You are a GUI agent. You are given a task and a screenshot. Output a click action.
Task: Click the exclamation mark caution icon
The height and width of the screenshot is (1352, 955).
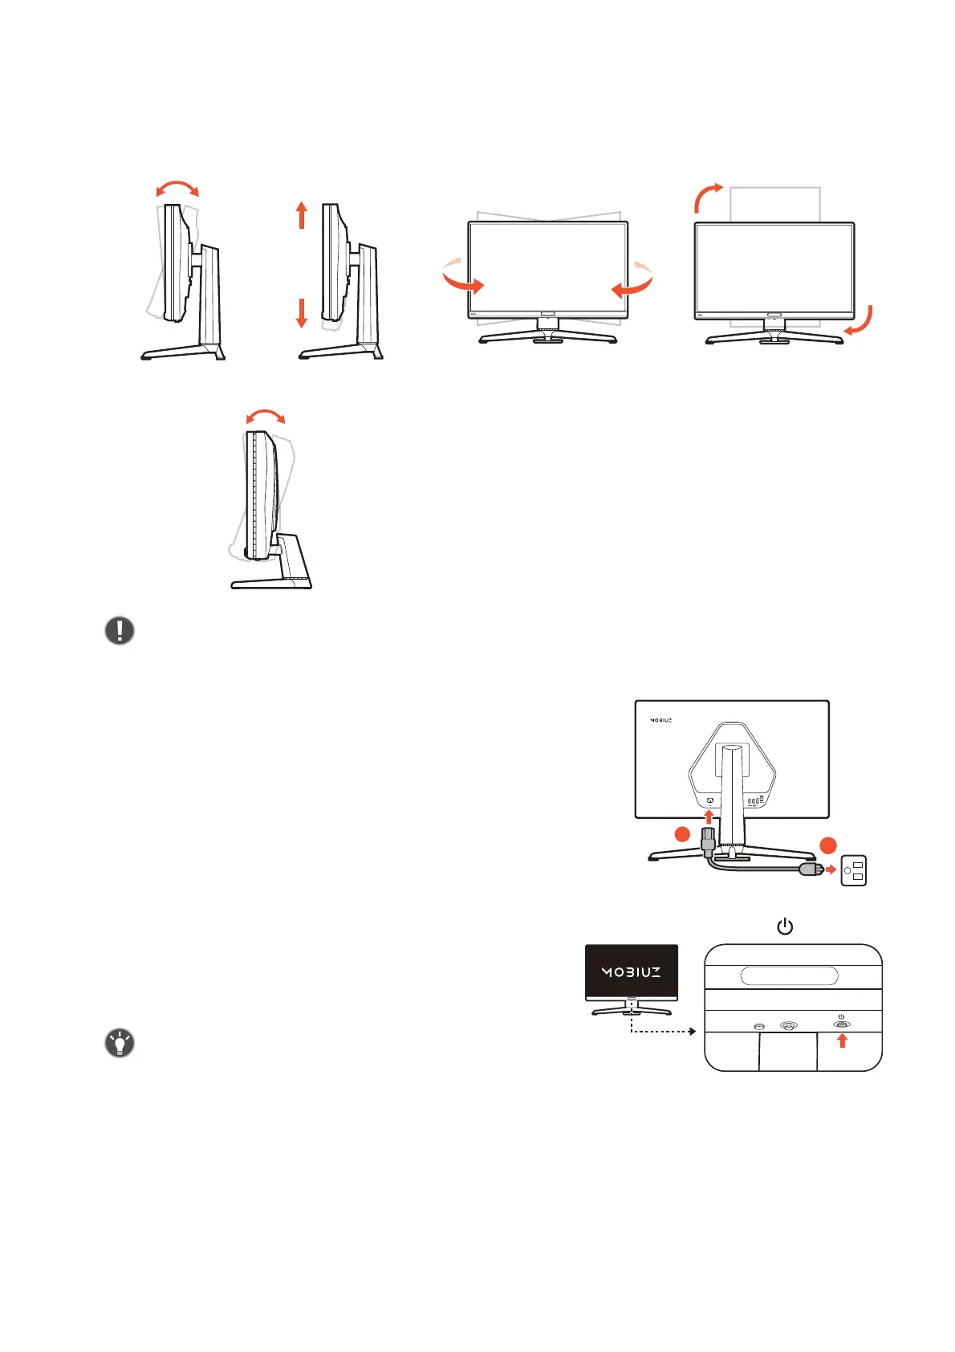(120, 630)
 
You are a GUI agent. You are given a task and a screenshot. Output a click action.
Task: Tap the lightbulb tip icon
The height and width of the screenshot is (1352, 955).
(120, 1044)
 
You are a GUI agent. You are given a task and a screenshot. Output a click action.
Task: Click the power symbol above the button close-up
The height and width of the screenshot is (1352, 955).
(785, 927)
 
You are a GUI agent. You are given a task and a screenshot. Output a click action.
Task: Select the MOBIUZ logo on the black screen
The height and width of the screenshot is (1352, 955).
(632, 972)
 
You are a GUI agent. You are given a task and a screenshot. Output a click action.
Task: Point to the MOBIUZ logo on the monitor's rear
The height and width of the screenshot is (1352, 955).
(660, 720)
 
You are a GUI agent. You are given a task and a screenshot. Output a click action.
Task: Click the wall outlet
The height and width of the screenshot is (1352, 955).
(853, 870)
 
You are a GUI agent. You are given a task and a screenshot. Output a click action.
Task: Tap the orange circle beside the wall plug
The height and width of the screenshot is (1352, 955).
(828, 845)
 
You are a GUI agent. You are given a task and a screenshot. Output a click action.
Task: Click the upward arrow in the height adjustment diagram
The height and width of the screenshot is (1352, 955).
(302, 215)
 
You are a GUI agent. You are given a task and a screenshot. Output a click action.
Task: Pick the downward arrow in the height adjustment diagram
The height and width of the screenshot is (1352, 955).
(302, 312)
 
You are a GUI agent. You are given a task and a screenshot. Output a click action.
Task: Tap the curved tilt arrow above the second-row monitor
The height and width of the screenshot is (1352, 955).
(265, 415)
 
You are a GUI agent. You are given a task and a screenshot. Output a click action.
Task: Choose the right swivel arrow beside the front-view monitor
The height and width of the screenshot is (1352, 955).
(633, 280)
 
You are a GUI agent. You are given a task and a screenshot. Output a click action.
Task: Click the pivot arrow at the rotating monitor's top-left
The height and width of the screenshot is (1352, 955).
(707, 195)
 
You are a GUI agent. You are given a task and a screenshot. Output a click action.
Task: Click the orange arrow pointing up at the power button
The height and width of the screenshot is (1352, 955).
(842, 1040)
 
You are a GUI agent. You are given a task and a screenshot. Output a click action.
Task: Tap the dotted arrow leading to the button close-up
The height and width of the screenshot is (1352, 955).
(658, 1031)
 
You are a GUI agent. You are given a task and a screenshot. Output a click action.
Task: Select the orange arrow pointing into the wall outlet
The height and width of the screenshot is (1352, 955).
(831, 869)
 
